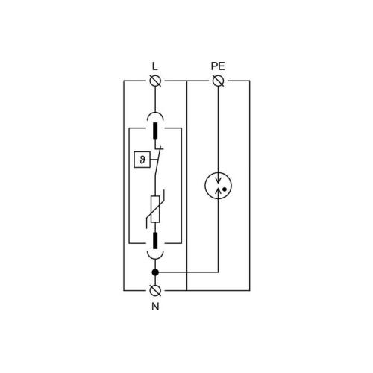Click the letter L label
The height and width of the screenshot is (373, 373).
pyautogui.click(x=154, y=66)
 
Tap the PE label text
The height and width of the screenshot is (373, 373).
pyautogui.click(x=218, y=66)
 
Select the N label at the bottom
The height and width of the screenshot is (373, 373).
pyautogui.click(x=155, y=307)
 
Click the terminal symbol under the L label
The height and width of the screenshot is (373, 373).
pyautogui.click(x=155, y=81)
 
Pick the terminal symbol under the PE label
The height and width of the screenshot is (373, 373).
pyautogui.click(x=219, y=81)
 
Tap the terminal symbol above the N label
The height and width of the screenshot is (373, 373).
pyautogui.click(x=155, y=290)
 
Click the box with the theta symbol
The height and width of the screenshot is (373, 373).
pyautogui.click(x=142, y=160)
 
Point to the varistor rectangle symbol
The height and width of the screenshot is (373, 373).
pyautogui.click(x=155, y=209)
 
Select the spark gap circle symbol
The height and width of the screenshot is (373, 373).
pyautogui.click(x=218, y=186)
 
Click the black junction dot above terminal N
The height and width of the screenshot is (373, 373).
pyautogui.click(x=155, y=272)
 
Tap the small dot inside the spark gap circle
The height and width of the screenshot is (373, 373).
pyautogui.click(x=225, y=189)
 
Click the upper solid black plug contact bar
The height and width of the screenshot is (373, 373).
pyautogui.click(x=155, y=131)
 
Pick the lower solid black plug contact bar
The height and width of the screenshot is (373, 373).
pyautogui.click(x=155, y=241)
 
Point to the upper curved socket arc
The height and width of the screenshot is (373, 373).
pyautogui.click(x=155, y=113)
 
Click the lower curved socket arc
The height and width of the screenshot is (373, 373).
pyautogui.click(x=155, y=259)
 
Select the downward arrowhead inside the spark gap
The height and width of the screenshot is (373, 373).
pyautogui.click(x=219, y=180)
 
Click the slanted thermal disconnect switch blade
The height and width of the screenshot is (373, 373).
pyautogui.click(x=158, y=161)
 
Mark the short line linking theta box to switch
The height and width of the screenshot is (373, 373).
pyautogui.click(x=154, y=160)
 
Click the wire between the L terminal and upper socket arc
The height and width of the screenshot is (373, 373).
pyautogui.click(x=155, y=99)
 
